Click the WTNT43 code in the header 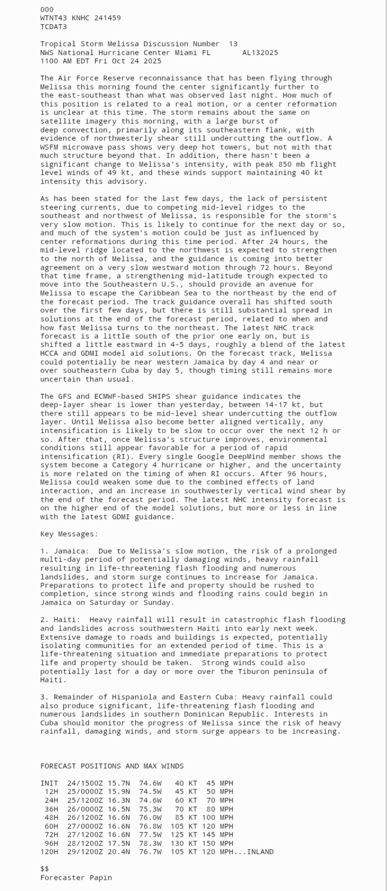coord(53,18)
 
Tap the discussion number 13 coord(233,44)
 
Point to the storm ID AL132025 coord(260,52)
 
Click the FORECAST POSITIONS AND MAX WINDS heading coord(112,766)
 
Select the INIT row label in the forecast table coord(49,783)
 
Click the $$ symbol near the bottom coord(45,869)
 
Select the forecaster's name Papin coord(100,878)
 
